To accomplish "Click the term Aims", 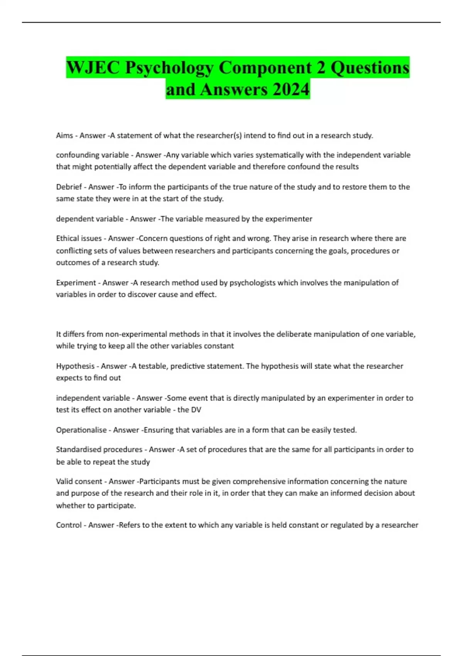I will (64, 135).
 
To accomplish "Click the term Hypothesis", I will (75, 366).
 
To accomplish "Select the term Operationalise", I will (81, 430).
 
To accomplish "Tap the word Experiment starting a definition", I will (76, 282).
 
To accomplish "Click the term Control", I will (69, 525).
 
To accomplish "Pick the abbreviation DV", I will (196, 410).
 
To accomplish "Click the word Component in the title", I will (266, 68).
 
